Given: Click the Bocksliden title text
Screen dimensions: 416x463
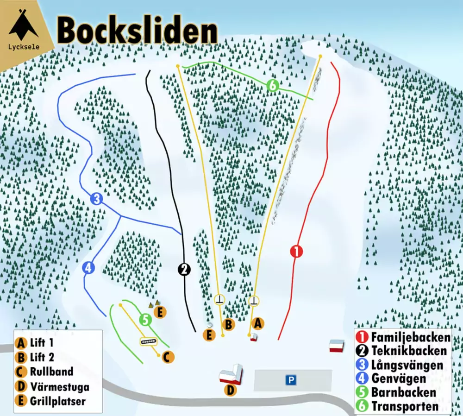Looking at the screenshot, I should (137, 30).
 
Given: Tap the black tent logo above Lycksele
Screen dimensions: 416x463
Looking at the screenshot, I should (23, 26).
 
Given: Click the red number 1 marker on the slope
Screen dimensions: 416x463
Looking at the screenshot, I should (296, 252).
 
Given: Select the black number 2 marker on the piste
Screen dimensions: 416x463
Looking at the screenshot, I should (184, 269).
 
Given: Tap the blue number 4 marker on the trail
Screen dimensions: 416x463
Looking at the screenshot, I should (88, 267).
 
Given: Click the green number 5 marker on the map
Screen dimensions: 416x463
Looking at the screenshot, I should (145, 319).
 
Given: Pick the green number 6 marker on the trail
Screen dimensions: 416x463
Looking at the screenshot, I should (273, 85).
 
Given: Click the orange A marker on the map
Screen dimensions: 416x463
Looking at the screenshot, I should (258, 322).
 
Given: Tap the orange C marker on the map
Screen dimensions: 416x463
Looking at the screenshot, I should (168, 357).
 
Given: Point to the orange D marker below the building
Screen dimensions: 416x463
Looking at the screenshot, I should (230, 391).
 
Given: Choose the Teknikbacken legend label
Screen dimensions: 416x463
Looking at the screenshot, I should (409, 351).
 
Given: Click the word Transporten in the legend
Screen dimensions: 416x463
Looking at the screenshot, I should (405, 406).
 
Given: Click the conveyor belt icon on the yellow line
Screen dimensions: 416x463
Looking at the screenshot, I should (148, 341).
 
